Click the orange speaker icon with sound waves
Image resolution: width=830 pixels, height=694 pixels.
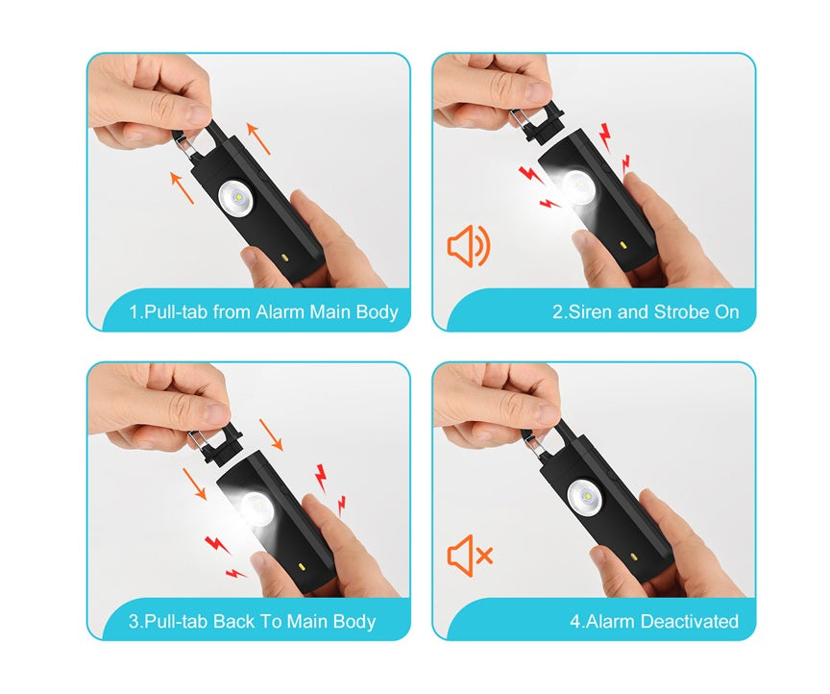469,246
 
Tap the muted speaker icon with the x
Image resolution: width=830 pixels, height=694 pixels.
470,556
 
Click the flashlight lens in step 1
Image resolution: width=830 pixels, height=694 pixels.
236,198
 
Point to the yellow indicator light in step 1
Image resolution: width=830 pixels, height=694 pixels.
285,258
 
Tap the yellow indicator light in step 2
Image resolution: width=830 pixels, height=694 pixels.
623,245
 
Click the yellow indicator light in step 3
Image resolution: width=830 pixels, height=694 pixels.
303,566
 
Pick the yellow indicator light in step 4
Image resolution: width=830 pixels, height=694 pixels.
633,558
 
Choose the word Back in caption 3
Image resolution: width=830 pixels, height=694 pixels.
231,621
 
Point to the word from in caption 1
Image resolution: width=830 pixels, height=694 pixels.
232,312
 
